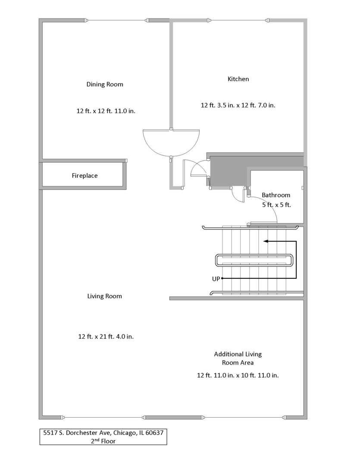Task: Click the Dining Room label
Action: (x=105, y=85)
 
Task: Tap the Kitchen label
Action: (x=238, y=79)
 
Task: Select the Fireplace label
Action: (x=85, y=176)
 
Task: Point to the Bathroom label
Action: (x=276, y=195)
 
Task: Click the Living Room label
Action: (x=105, y=296)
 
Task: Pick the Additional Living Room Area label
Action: (x=238, y=359)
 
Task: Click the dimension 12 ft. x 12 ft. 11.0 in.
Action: (x=106, y=111)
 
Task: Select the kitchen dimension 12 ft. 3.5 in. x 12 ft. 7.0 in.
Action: (x=238, y=105)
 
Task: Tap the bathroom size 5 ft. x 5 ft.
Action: (x=276, y=205)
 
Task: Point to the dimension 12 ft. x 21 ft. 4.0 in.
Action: (x=106, y=337)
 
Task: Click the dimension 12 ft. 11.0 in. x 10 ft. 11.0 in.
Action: (x=238, y=375)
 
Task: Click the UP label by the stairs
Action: (x=216, y=279)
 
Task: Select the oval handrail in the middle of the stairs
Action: (x=254, y=255)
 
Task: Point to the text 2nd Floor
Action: (x=103, y=441)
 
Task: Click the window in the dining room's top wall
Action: (x=117, y=21)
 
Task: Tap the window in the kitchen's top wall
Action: (x=238, y=21)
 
